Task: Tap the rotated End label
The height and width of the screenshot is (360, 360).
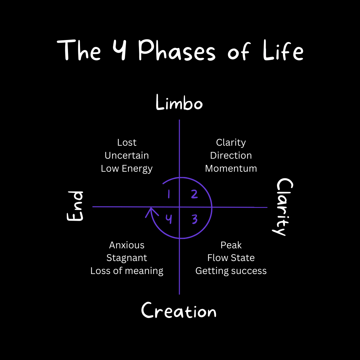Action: pos(75,206)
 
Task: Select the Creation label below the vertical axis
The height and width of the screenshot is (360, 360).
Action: pos(179,311)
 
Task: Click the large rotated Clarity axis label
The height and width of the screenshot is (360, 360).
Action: pos(284,207)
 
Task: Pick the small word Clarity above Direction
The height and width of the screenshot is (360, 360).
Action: pos(231,143)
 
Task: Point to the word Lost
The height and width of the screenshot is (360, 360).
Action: pos(127,143)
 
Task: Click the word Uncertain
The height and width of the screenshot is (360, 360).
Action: pos(127,155)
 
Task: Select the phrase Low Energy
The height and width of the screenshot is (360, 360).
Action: pos(127,168)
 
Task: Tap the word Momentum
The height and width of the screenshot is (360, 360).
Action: pos(231,168)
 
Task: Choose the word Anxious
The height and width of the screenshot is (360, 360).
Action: pos(127,245)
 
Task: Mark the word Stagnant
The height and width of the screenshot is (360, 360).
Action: pos(127,258)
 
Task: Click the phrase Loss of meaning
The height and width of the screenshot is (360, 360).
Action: pos(127,271)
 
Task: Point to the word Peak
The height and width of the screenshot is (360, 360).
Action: pos(231,245)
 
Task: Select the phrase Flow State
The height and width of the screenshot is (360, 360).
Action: pos(231,258)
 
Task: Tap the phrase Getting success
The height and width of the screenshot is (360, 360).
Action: pos(231,271)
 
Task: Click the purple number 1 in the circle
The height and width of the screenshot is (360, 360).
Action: pos(169,194)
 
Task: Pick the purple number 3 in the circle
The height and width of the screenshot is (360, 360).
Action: pos(195,219)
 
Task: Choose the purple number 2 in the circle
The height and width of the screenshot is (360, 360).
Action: pos(194,194)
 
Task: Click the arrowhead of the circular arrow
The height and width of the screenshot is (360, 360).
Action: pos(151,211)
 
